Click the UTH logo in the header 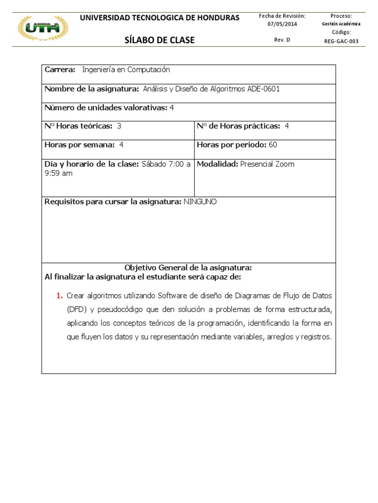point(43,28)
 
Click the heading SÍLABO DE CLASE point(159,40)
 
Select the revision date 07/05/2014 point(282,24)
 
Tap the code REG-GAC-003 point(341,41)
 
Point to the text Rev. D point(282,40)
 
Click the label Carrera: point(60,70)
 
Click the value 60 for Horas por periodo point(273,145)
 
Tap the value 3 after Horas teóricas point(119,126)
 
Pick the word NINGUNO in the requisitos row point(199,202)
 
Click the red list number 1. point(59,296)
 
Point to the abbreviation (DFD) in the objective point(77,309)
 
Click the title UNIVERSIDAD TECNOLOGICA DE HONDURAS point(159,18)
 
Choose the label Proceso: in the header point(341,16)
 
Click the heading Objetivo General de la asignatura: point(188,268)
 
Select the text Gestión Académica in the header point(341,24)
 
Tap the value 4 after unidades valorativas point(172,108)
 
